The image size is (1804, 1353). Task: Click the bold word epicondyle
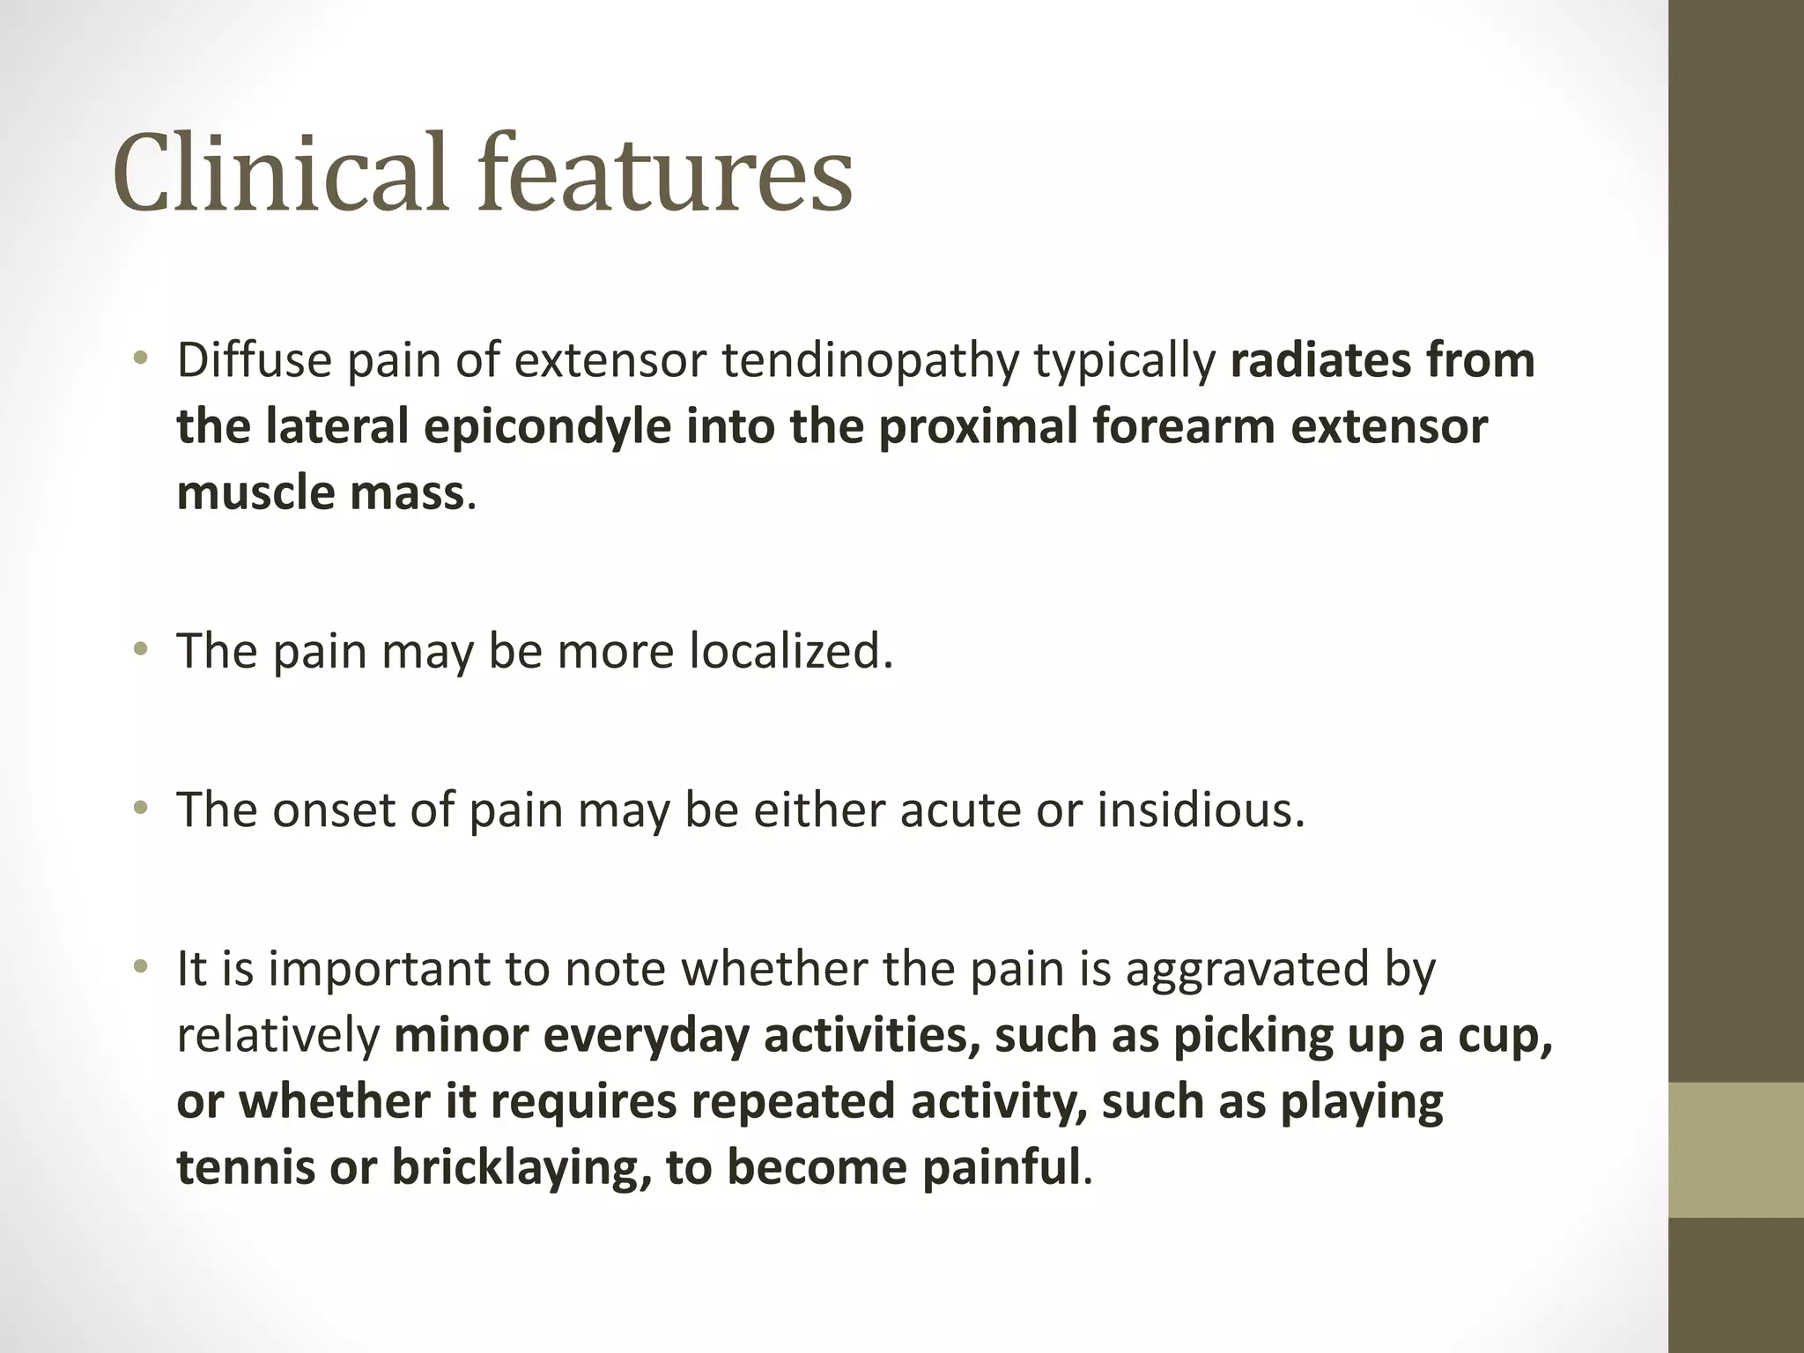pyautogui.click(x=547, y=427)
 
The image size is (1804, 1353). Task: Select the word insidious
pyautogui.click(x=1200, y=810)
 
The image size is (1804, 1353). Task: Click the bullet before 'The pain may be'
pyautogui.click(x=140, y=650)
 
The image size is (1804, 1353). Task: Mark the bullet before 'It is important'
pyautogui.click(x=140, y=967)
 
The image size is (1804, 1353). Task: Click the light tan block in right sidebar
pyautogui.click(x=1735, y=1149)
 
